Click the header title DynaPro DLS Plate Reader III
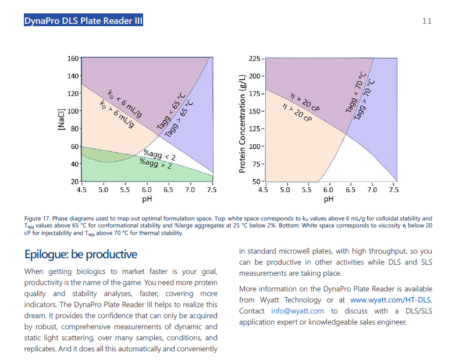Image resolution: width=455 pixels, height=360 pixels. click(83, 21)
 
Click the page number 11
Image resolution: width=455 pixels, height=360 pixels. click(426, 21)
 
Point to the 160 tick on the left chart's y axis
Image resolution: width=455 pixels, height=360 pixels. click(73, 59)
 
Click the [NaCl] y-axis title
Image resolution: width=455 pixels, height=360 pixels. click(60, 119)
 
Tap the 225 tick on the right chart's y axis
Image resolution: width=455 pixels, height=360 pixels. click(254, 59)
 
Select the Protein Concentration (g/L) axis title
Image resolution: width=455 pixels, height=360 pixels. click(241, 123)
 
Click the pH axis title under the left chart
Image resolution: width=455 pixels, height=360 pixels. click(147, 199)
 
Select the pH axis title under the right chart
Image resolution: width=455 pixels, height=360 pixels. click(329, 199)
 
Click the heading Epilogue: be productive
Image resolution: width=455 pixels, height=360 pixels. click(80, 254)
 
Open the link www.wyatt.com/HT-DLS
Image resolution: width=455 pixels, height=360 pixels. click(390, 300)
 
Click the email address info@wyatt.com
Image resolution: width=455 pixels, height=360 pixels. click(297, 311)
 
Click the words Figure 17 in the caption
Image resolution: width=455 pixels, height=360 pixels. click(37, 219)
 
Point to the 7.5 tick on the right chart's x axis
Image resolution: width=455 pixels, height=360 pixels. click(394, 190)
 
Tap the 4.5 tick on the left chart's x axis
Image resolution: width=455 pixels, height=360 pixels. click(81, 190)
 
